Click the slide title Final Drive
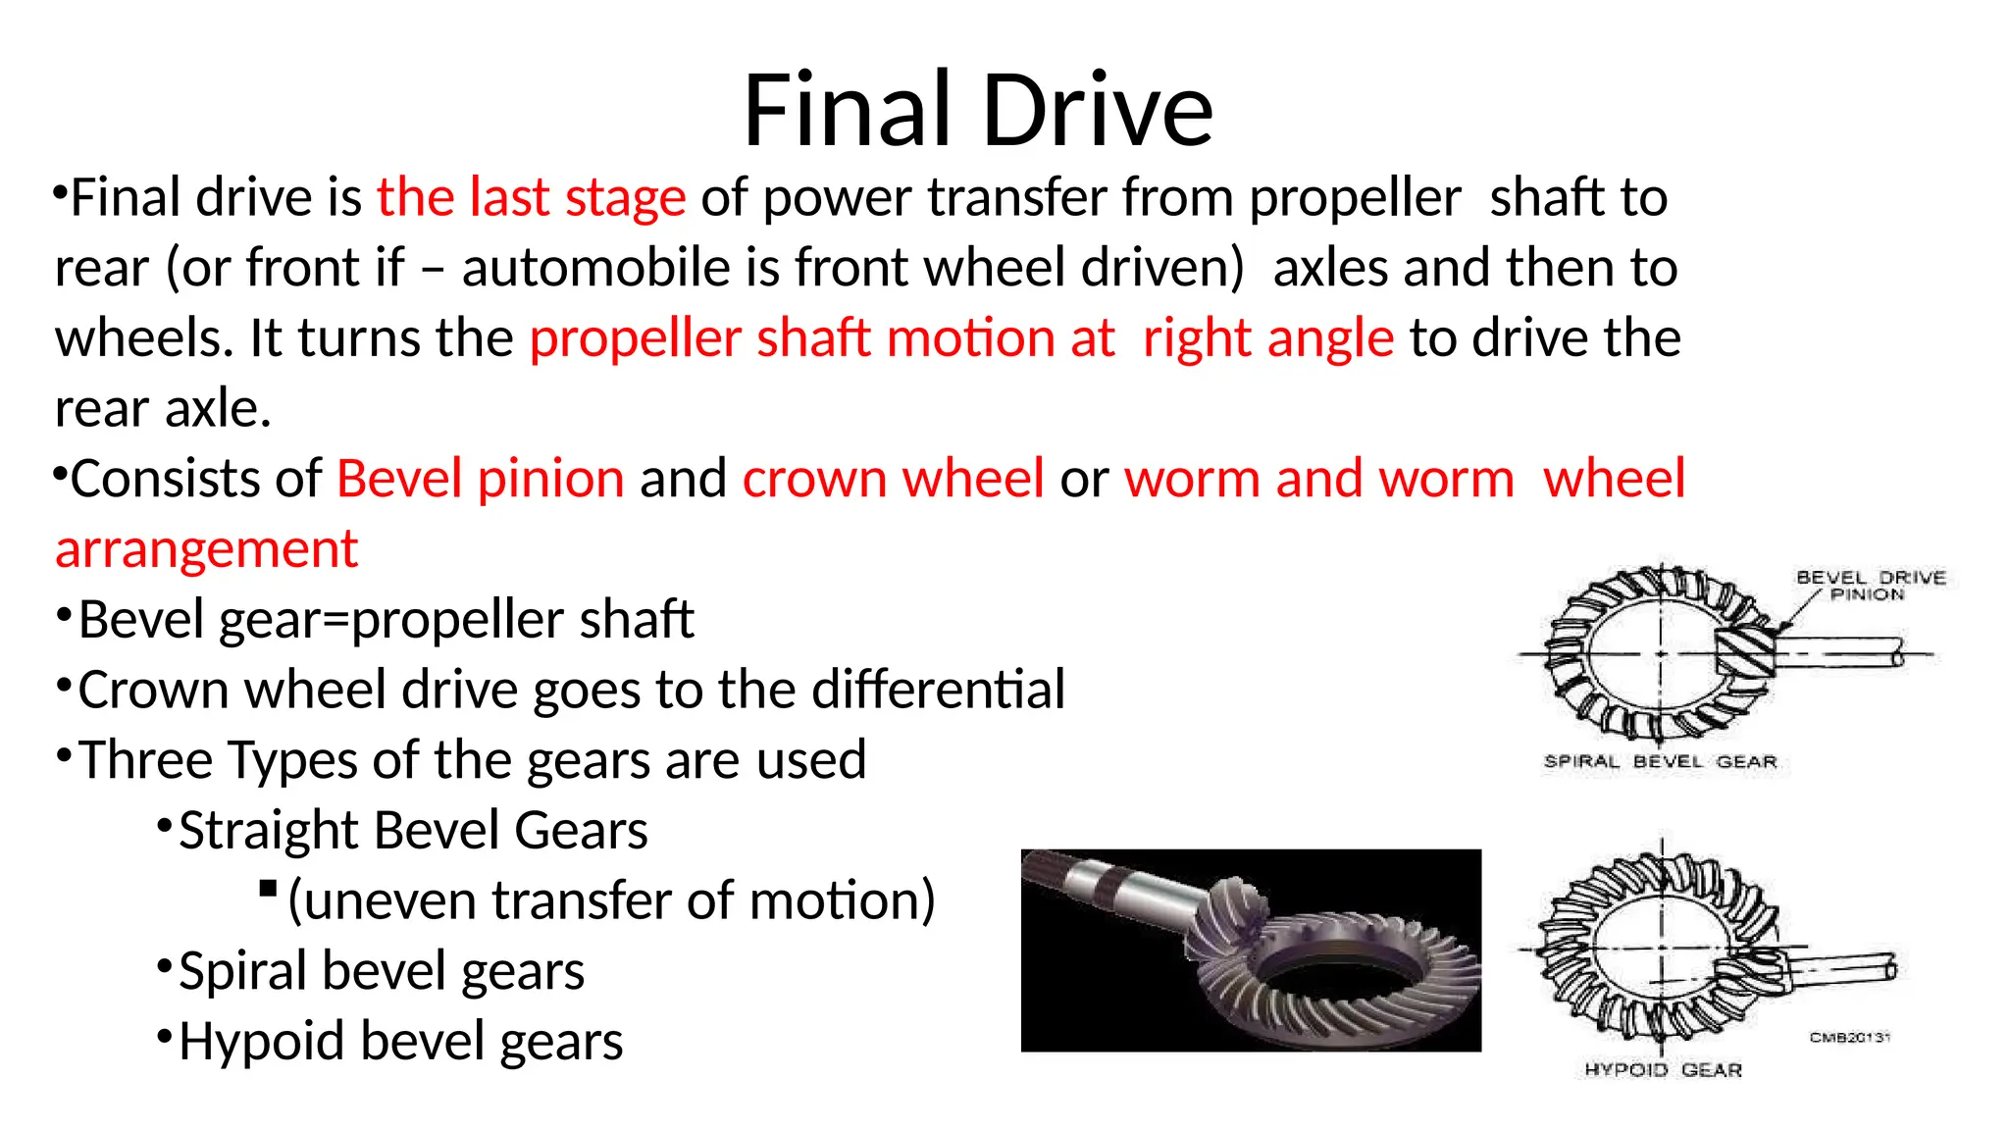tap(978, 110)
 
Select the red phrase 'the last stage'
tap(531, 197)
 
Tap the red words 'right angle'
tap(1267, 338)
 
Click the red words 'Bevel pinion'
tap(481, 479)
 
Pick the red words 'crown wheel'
tap(893, 479)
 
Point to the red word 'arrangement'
tap(207, 548)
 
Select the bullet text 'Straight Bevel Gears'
tap(413, 830)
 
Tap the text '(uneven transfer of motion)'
tap(611, 900)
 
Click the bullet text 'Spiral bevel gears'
tap(382, 971)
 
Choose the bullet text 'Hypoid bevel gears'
tap(400, 1041)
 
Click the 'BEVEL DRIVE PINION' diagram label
tap(1870, 586)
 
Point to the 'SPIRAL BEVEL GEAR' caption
tap(1660, 761)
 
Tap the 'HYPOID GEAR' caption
tap(1663, 1069)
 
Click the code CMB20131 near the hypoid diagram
tap(1849, 1037)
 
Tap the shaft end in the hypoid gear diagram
tap(1889, 969)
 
